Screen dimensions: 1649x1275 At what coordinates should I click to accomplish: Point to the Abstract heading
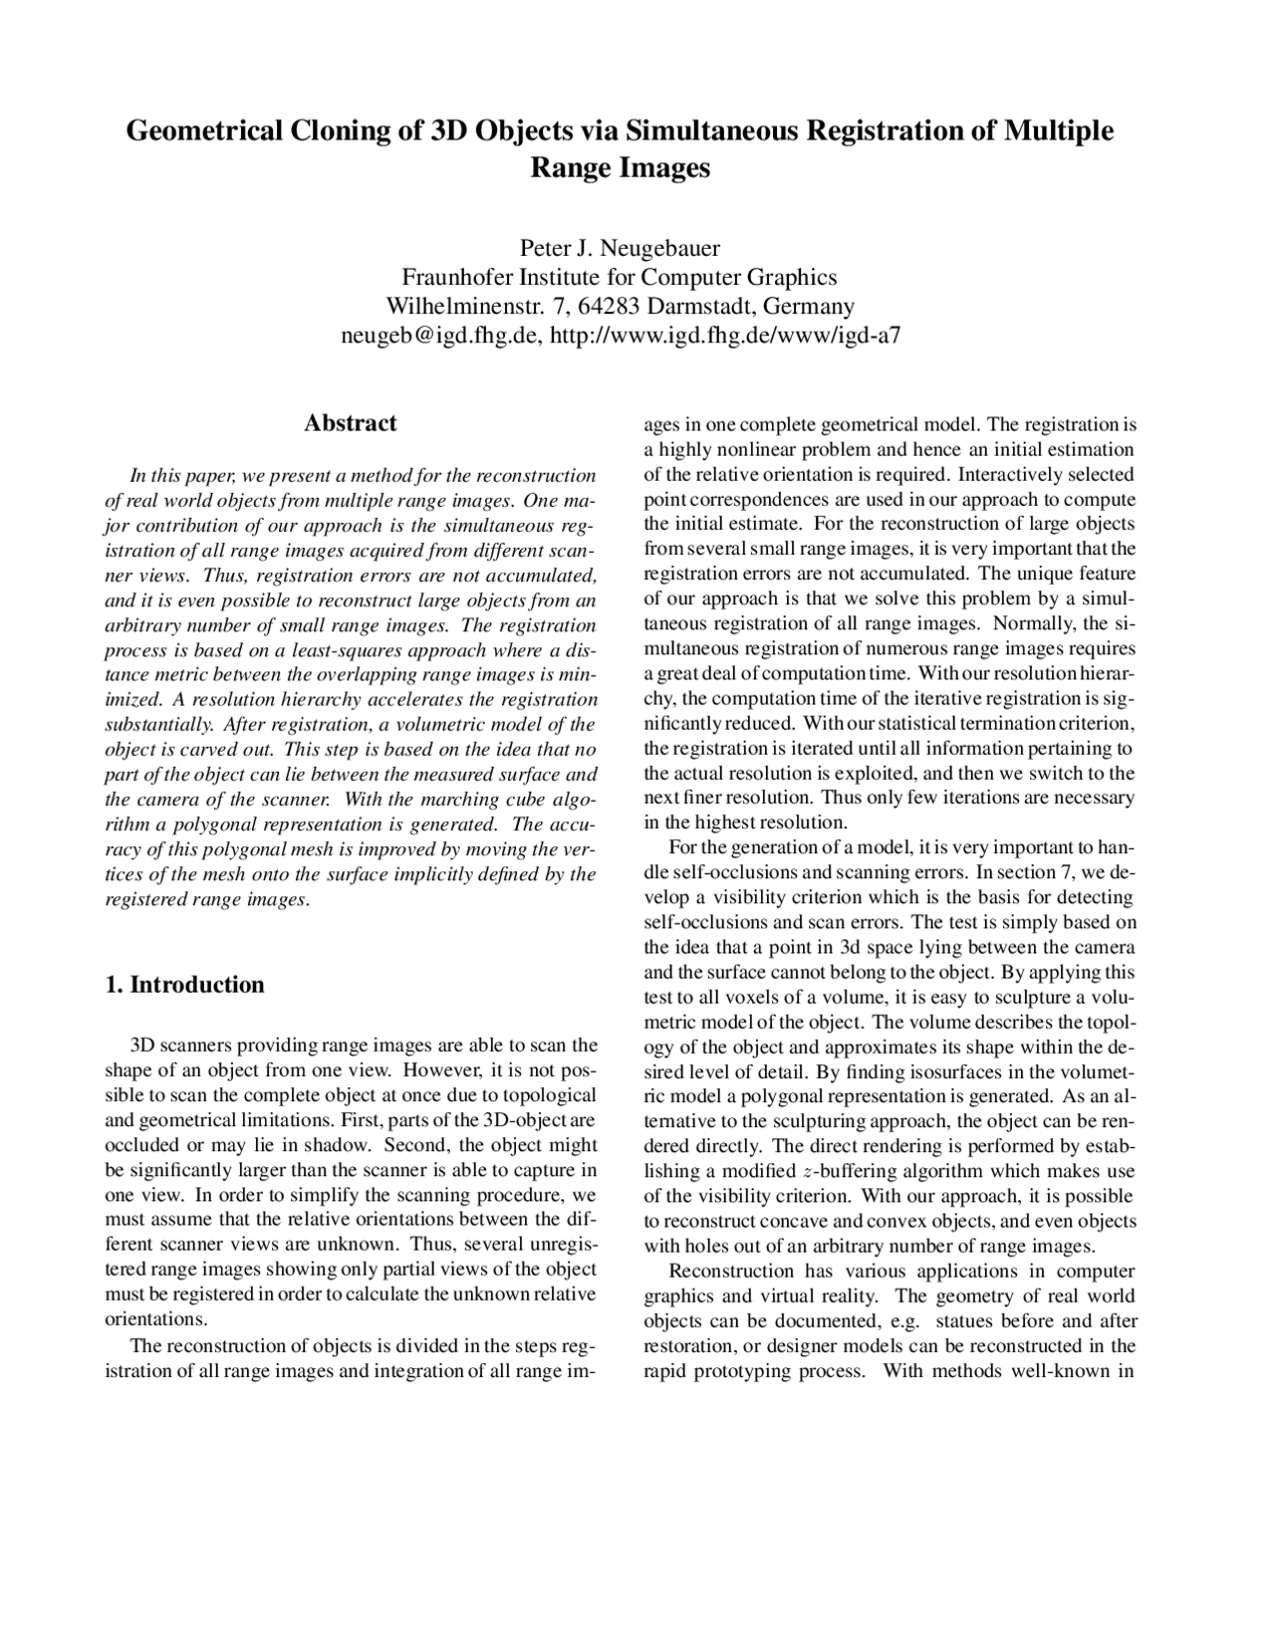(x=351, y=423)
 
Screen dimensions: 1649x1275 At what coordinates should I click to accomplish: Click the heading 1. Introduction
(x=185, y=985)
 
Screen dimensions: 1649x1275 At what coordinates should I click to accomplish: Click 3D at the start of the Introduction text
(x=141, y=1046)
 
